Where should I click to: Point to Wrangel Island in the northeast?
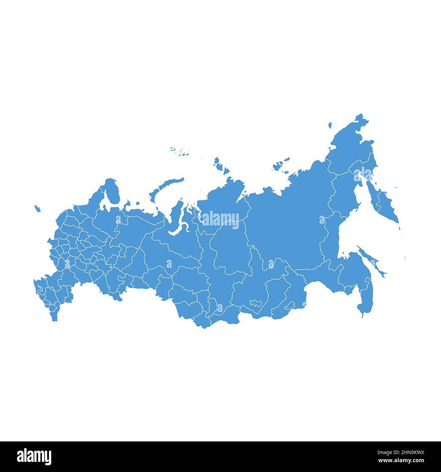[x=330, y=125]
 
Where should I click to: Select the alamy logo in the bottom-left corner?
[x=34, y=456]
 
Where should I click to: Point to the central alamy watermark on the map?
[x=220, y=219]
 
